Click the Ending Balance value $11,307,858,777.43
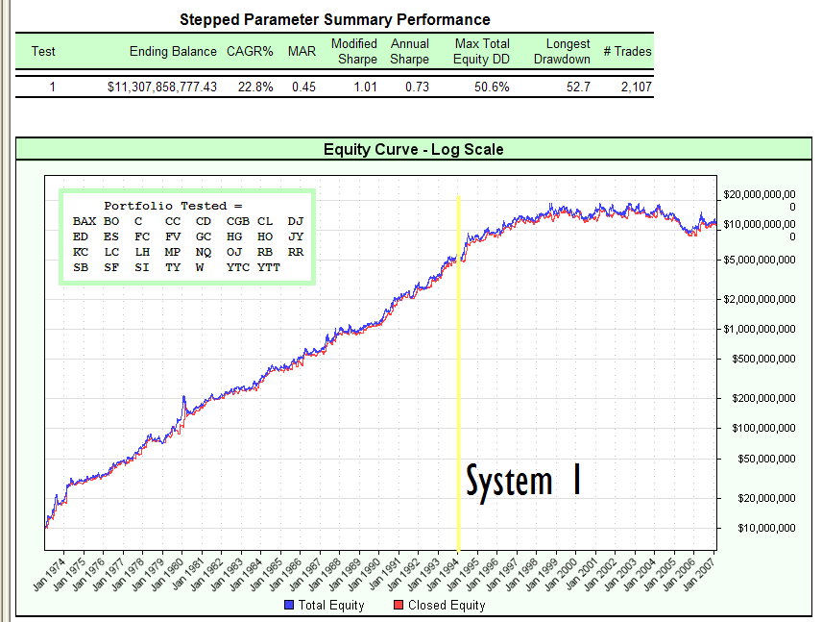162,87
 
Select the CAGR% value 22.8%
255,87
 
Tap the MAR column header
302,51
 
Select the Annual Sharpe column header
410,51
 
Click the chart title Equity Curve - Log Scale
413,149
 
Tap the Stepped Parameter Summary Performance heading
335,19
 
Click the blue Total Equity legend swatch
289,606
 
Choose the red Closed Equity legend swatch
399,606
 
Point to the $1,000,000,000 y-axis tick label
760,329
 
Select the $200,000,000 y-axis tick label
760,398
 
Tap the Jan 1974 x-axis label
48,568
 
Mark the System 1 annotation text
523,481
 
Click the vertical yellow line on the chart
459,385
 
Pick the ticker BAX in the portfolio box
85,221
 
